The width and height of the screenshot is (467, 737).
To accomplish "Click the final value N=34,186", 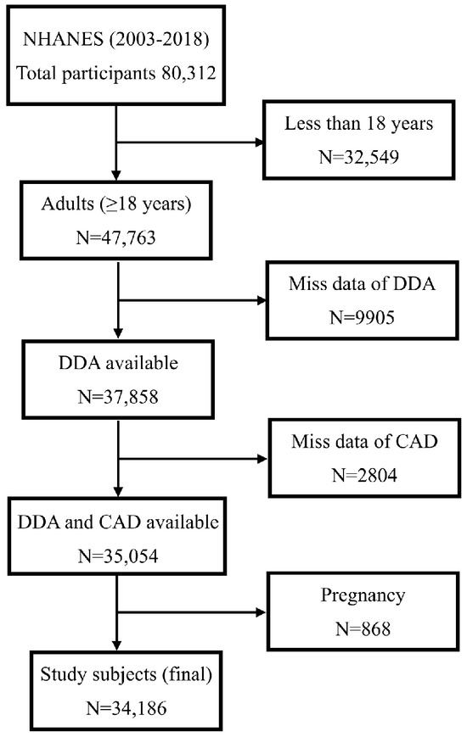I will pos(119,710).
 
